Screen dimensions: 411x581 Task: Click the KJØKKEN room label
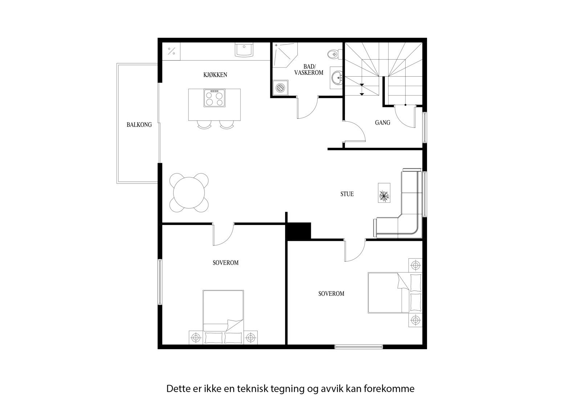(x=215, y=75)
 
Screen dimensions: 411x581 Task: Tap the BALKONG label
(x=139, y=125)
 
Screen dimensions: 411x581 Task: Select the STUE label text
(x=347, y=194)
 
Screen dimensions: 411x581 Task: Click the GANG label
(x=382, y=123)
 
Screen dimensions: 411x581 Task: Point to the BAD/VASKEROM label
(x=309, y=70)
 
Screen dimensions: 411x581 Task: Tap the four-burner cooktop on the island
(x=214, y=98)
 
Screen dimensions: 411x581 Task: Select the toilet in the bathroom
(x=332, y=55)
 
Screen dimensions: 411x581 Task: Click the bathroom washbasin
(x=337, y=77)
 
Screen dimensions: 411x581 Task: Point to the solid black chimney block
(x=299, y=231)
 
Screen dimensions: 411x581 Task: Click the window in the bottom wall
(x=358, y=347)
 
